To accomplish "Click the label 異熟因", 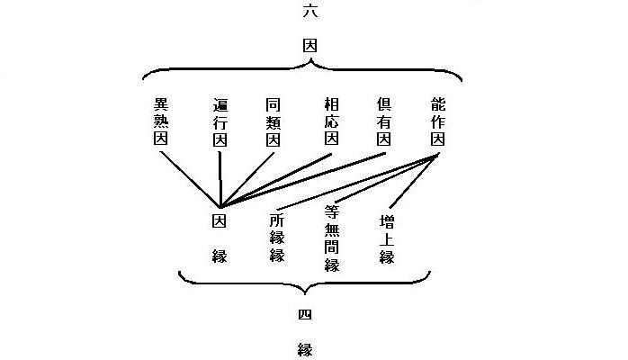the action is [x=161, y=121].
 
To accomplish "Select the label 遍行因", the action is [x=220, y=122].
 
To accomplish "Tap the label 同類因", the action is [x=274, y=122].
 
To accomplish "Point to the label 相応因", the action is [x=332, y=121].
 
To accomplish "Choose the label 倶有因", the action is [x=383, y=121].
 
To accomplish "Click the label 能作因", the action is [x=438, y=121].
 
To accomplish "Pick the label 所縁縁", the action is [x=277, y=238].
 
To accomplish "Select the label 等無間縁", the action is [x=332, y=238].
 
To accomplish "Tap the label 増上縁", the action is [x=387, y=239].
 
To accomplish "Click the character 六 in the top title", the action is [x=310, y=11].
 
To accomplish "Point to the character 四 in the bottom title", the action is [x=305, y=315].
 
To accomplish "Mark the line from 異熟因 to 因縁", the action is [x=190, y=179].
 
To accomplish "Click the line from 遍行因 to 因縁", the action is [x=220, y=179].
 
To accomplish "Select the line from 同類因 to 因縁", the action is [x=247, y=180].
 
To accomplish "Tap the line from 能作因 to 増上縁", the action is [x=413, y=181].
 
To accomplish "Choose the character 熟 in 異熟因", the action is [x=161, y=121].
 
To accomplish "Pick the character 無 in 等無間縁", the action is [x=332, y=230].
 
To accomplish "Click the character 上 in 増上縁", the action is [x=387, y=239].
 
